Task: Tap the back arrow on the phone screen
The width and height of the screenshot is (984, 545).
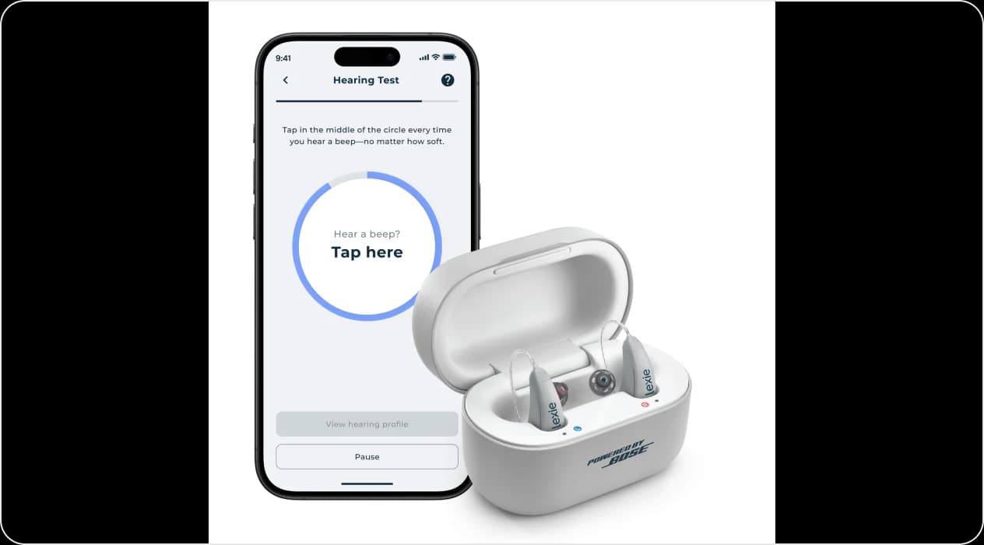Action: tap(286, 80)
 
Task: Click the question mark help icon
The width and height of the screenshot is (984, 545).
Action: tap(447, 80)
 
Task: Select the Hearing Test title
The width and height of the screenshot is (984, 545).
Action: tap(366, 80)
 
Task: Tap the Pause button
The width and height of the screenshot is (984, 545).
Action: tap(367, 457)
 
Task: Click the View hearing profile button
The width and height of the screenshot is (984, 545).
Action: tap(367, 424)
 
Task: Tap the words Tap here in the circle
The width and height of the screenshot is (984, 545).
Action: tap(367, 252)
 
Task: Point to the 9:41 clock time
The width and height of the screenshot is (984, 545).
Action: tap(283, 58)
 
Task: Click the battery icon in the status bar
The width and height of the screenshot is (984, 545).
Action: tap(449, 57)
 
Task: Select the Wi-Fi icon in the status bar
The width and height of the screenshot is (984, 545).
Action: tap(435, 57)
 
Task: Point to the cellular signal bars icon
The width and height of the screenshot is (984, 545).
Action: tap(424, 57)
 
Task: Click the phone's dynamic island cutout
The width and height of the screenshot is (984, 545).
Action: tap(367, 57)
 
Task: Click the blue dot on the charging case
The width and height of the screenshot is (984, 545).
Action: tap(577, 429)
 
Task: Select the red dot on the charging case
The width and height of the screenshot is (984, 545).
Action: tap(645, 405)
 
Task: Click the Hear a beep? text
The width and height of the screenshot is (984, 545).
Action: tap(367, 234)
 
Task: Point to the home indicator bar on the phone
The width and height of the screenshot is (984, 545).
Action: tap(367, 483)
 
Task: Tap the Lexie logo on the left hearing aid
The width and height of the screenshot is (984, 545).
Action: tap(553, 416)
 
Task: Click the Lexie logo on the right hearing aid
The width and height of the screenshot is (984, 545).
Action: tap(648, 382)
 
